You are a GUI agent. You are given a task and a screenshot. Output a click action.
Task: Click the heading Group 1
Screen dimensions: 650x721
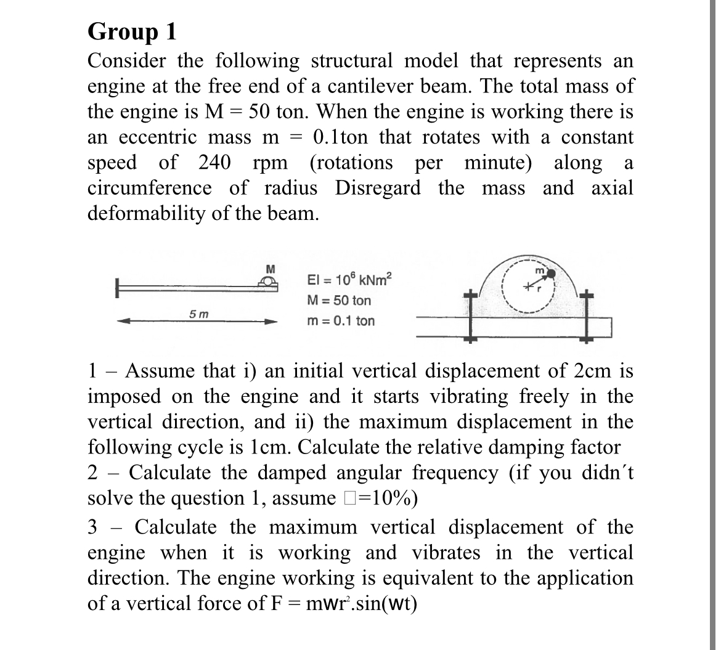[132, 31]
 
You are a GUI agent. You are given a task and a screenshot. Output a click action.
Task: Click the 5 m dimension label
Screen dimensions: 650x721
[197, 313]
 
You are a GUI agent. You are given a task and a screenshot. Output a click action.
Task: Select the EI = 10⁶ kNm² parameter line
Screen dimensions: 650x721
[348, 281]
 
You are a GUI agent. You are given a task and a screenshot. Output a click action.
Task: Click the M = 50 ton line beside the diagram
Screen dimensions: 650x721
[338, 301]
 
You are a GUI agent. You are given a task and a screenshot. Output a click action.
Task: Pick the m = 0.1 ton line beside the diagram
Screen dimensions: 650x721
[340, 321]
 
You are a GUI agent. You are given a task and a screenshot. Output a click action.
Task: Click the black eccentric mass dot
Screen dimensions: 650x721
[552, 272]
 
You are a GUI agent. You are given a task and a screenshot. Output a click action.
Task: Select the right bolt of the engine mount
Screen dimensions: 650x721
[587, 318]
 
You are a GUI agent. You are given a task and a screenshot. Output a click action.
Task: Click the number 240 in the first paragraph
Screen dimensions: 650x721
[214, 163]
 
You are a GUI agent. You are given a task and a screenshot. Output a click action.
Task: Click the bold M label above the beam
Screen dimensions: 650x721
[269, 268]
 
